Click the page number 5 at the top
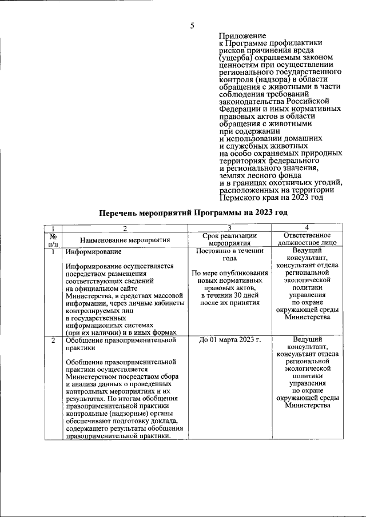click(192, 25)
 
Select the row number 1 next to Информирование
click(52, 251)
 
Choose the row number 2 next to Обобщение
click(52, 340)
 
